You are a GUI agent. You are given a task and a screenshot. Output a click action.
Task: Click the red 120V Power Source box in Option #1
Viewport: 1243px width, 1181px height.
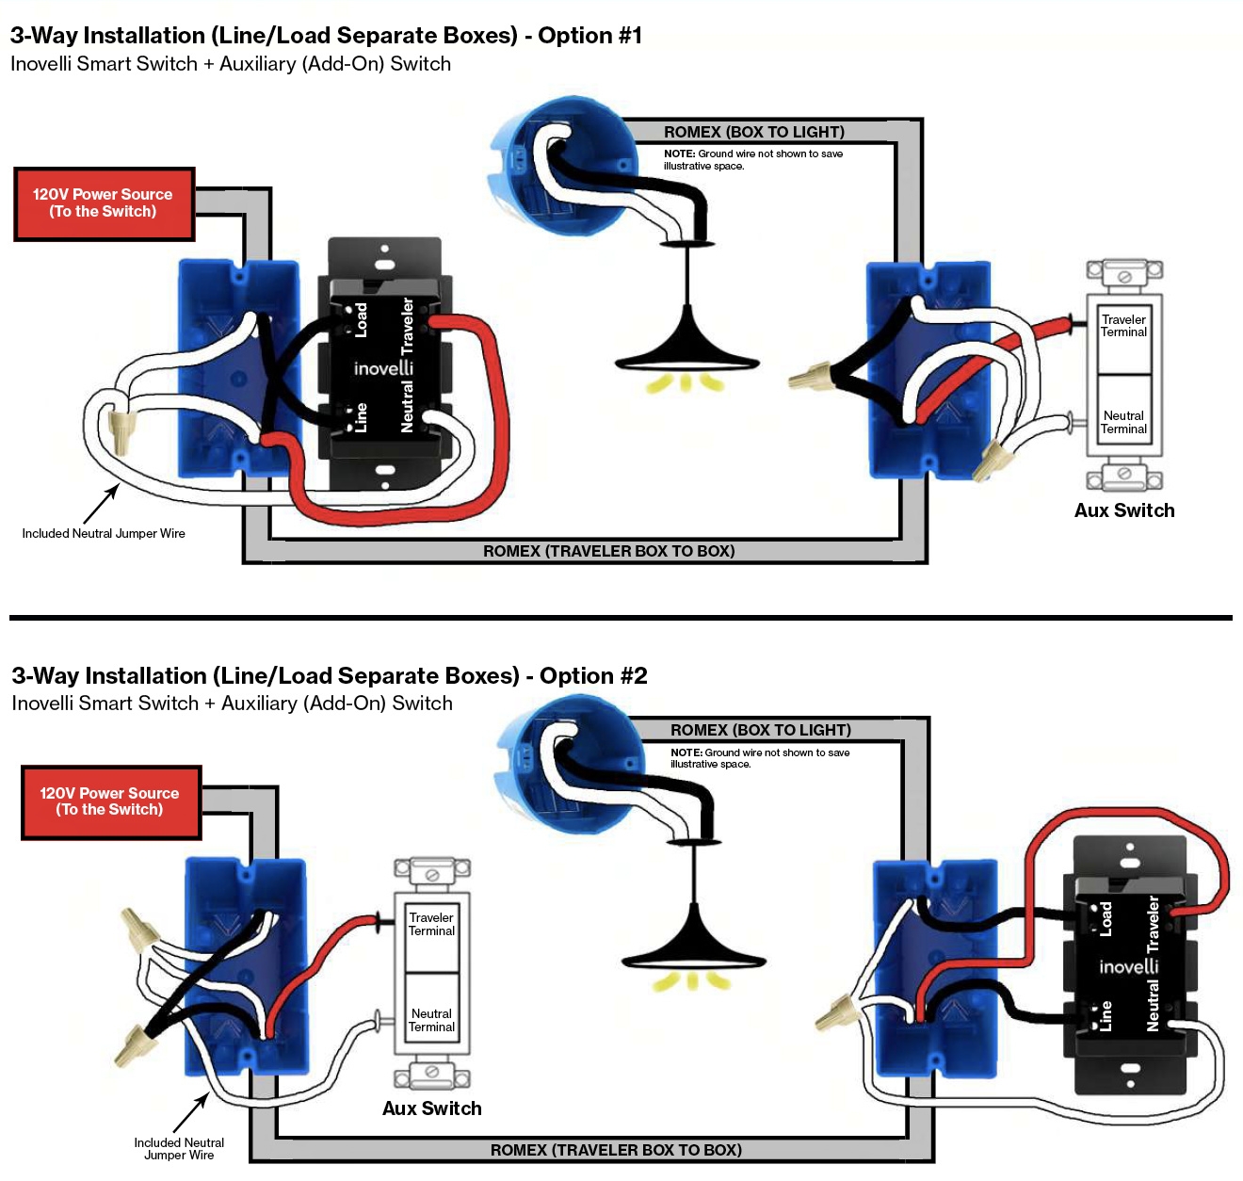coord(104,203)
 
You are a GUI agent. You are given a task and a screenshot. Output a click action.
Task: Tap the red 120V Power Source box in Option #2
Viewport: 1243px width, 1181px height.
coord(110,801)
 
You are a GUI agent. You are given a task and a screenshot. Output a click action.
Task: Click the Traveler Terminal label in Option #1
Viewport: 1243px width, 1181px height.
coord(1123,326)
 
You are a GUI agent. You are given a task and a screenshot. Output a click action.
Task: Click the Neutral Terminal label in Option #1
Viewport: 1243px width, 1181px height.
coord(1123,422)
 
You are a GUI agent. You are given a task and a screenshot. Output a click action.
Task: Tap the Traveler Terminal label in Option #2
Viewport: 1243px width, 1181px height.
coord(431,924)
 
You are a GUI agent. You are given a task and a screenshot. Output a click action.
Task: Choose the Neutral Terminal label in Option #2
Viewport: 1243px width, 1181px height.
coord(431,1020)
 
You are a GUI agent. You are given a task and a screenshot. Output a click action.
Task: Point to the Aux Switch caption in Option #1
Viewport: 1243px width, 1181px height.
coord(1124,510)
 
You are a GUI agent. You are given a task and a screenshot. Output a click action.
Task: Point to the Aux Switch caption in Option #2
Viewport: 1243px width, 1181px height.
coord(431,1108)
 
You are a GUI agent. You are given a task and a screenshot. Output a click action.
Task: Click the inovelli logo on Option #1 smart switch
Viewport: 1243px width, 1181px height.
coord(383,367)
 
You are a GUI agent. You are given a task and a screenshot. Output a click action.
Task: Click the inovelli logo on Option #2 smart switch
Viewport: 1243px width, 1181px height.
coord(1128,966)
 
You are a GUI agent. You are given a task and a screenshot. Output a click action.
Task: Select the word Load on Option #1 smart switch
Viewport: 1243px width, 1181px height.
coord(361,319)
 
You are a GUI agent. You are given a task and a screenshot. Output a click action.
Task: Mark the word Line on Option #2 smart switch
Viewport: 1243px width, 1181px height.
coord(1106,1014)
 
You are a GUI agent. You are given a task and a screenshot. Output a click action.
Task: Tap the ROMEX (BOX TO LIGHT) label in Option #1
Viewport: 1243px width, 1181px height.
coord(753,132)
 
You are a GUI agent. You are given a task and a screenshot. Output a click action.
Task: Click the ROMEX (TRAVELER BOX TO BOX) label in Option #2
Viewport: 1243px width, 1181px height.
coord(616,1150)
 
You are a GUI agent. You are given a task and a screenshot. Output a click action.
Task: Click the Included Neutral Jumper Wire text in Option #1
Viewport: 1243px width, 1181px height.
coord(104,533)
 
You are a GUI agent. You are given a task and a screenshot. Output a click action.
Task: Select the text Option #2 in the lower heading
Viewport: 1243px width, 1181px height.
coord(593,675)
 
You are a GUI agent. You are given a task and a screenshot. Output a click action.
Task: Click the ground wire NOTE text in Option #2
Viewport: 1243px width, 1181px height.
coord(759,758)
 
